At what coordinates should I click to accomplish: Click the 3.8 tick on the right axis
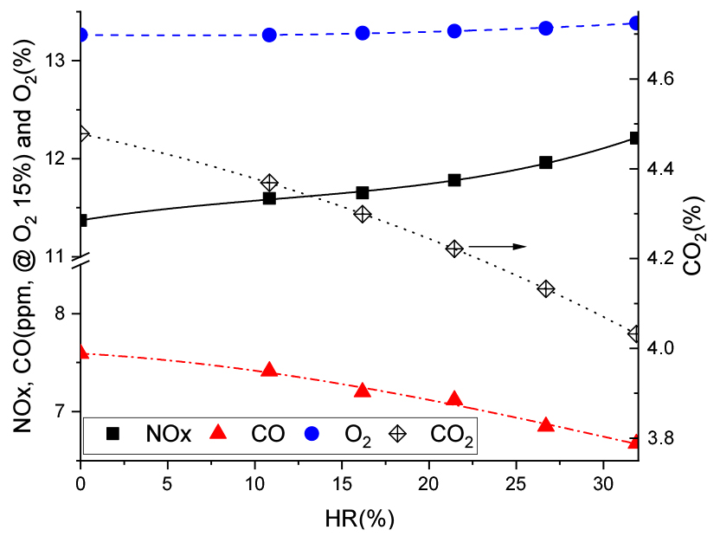[661, 438]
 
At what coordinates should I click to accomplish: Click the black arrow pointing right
[498, 247]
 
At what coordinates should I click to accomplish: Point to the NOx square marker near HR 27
[546, 162]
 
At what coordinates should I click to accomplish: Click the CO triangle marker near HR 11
[269, 370]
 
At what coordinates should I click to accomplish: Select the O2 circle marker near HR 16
[363, 33]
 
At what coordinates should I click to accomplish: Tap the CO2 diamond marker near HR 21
[455, 249]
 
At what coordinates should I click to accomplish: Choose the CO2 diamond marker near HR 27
[546, 288]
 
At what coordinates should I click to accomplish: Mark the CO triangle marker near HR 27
[546, 424]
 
